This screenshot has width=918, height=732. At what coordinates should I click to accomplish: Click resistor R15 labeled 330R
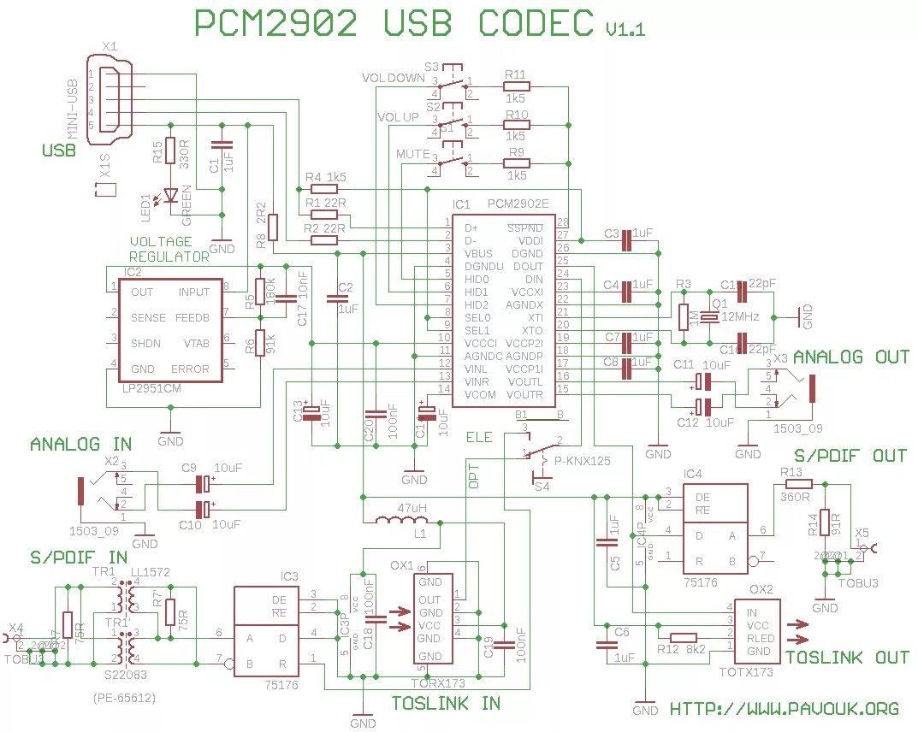[x=169, y=151]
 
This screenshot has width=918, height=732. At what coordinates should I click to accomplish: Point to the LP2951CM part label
[x=153, y=387]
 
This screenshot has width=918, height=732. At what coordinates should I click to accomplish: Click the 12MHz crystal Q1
[x=711, y=317]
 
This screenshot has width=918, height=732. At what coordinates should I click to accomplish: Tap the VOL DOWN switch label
[x=393, y=78]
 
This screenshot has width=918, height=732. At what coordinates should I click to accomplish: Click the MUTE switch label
[x=412, y=153]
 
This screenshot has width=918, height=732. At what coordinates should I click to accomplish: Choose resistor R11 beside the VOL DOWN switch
[x=515, y=86]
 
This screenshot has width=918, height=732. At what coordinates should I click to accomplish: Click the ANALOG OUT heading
[x=850, y=357]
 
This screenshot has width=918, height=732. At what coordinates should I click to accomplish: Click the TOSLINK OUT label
[x=847, y=657]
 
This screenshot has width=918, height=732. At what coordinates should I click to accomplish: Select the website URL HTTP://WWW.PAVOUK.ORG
[x=784, y=708]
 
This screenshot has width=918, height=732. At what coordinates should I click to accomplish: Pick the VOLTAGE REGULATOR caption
[x=169, y=249]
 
